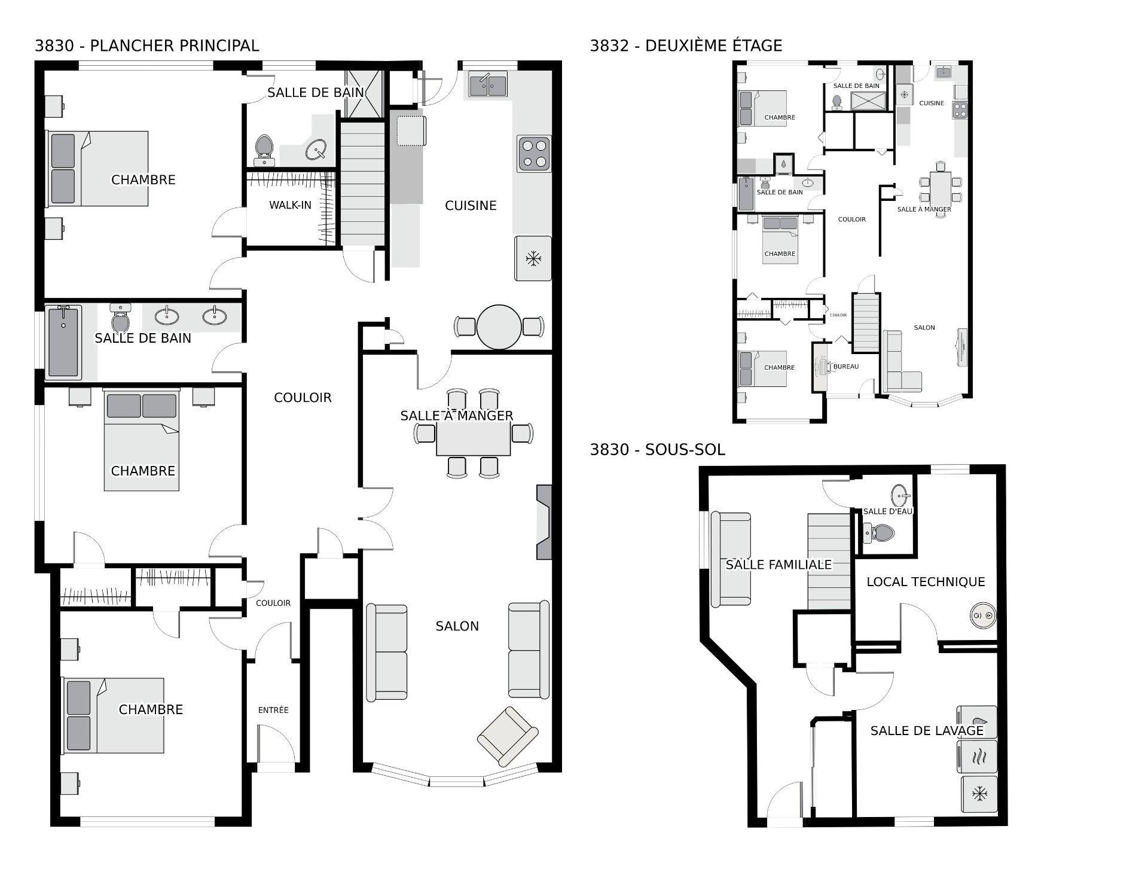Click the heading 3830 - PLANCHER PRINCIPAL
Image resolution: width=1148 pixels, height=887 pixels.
[x=147, y=46]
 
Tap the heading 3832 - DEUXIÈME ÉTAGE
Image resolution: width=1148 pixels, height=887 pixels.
[x=686, y=46]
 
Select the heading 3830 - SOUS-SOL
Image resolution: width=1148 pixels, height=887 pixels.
[x=657, y=450]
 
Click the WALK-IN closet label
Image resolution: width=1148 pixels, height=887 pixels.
[x=290, y=205]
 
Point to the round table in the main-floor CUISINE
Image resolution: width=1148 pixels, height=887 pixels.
[x=499, y=327]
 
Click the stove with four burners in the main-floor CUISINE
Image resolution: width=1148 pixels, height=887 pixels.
[x=534, y=153]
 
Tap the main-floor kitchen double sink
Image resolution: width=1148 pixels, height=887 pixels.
[x=487, y=86]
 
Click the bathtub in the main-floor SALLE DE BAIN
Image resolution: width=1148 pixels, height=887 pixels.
[x=63, y=342]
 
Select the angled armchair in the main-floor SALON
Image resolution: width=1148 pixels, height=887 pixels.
[x=507, y=736]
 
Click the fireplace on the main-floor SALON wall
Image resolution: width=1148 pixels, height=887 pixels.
[x=544, y=522]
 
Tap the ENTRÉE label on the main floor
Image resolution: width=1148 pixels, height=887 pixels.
[x=273, y=710]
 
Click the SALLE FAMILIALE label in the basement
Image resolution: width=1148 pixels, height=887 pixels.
[x=778, y=565]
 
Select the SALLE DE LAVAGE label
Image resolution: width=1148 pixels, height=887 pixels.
[x=926, y=731]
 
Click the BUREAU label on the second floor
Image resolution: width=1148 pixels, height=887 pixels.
[x=845, y=367]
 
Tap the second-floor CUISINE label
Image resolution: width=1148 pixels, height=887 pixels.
[x=931, y=103]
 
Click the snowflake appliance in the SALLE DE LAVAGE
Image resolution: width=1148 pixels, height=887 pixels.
[x=979, y=794]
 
